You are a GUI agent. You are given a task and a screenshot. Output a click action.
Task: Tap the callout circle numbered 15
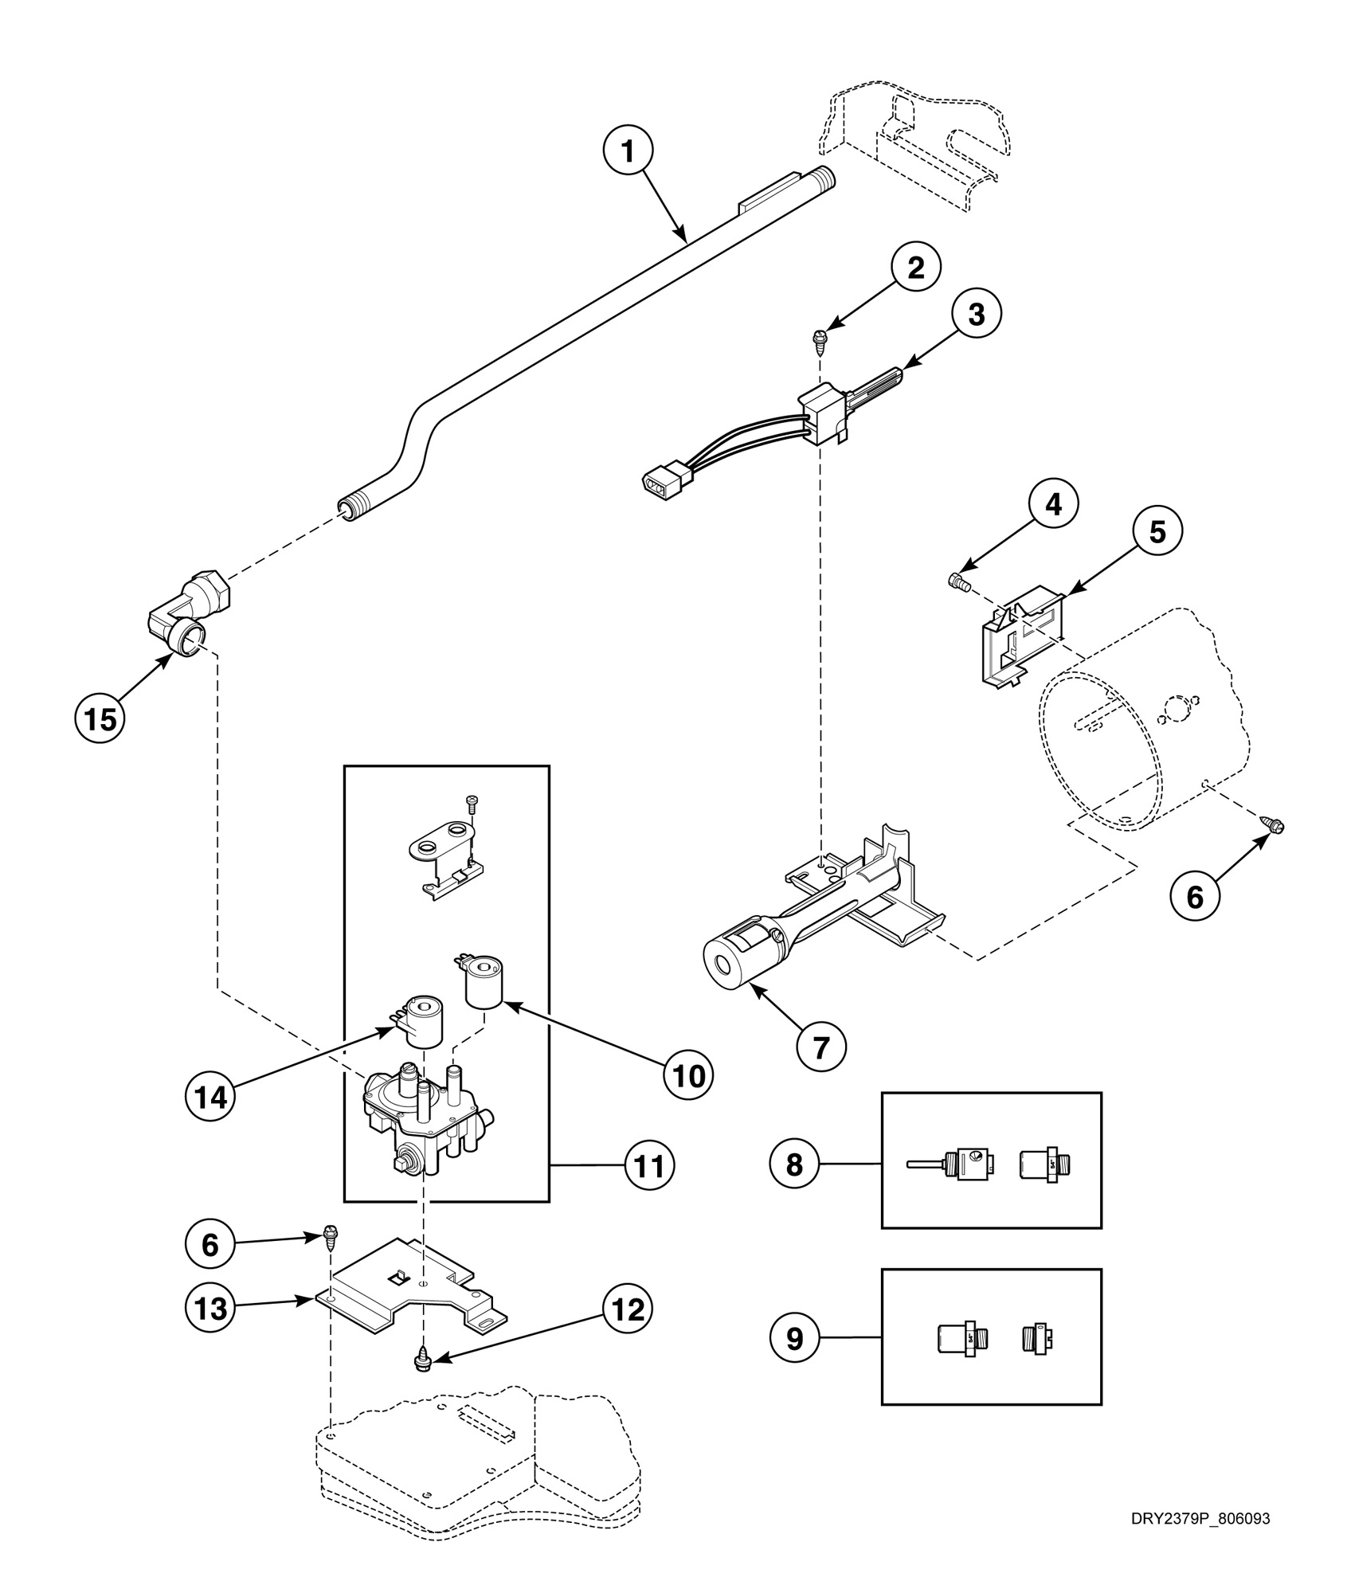pyautogui.click(x=100, y=718)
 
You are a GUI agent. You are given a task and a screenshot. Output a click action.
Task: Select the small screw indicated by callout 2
pyautogui.click(x=818, y=339)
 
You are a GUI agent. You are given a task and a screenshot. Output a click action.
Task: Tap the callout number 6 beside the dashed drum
pyautogui.click(x=1195, y=896)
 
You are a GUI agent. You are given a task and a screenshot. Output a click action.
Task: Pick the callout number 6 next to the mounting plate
pyautogui.click(x=210, y=1244)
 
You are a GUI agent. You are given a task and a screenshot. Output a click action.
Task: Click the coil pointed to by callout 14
pyautogui.click(x=421, y=1018)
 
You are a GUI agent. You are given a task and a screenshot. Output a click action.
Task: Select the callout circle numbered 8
pyautogui.click(x=794, y=1164)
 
